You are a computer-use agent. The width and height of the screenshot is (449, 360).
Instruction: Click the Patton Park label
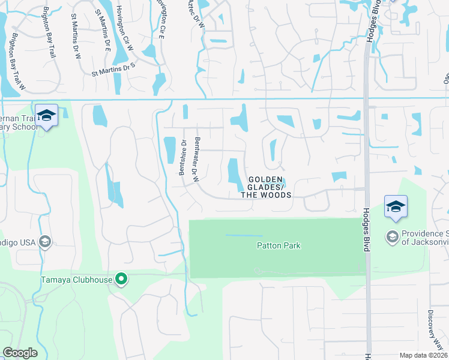coord(278,245)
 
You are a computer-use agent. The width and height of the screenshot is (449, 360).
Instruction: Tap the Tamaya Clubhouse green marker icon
coord(121,279)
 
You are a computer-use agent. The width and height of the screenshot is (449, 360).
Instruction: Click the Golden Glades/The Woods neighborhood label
coord(266,187)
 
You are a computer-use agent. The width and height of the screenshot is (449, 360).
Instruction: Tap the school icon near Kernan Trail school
coord(46,115)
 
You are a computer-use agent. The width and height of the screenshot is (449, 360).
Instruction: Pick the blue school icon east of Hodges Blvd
coord(396,206)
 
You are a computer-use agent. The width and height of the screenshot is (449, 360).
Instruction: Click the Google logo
coord(20,352)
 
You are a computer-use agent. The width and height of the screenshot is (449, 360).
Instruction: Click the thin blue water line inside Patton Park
coord(244,235)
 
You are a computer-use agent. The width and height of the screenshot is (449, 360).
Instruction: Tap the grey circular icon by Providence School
coord(393,235)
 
